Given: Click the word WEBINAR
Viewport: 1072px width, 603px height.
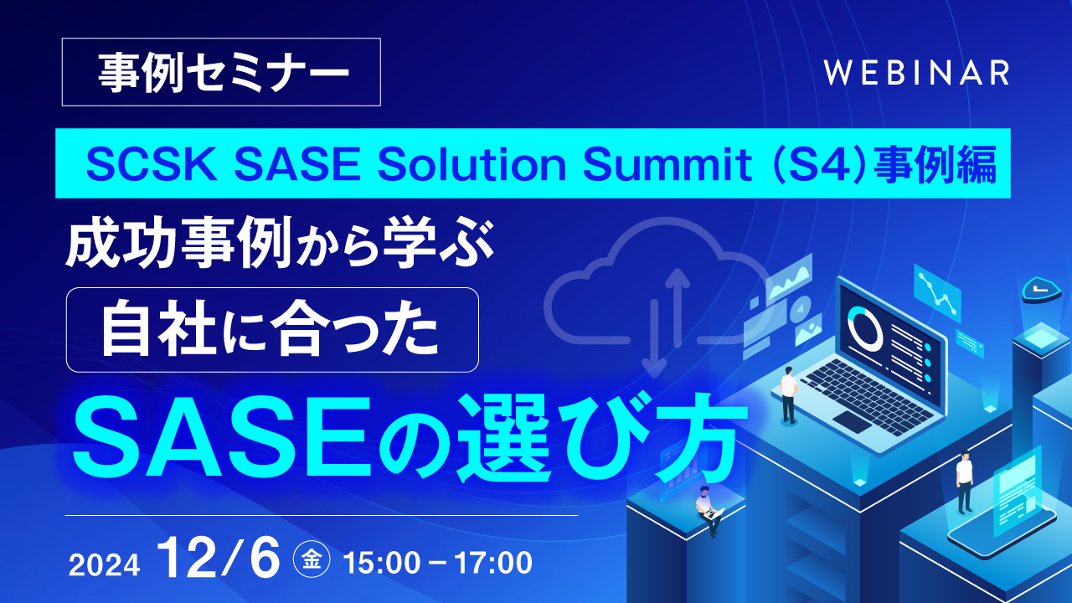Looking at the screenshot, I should pos(916,73).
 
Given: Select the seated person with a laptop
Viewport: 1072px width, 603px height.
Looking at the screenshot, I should pos(709,510).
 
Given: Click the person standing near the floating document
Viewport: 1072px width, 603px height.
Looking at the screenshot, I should pos(964,482).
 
